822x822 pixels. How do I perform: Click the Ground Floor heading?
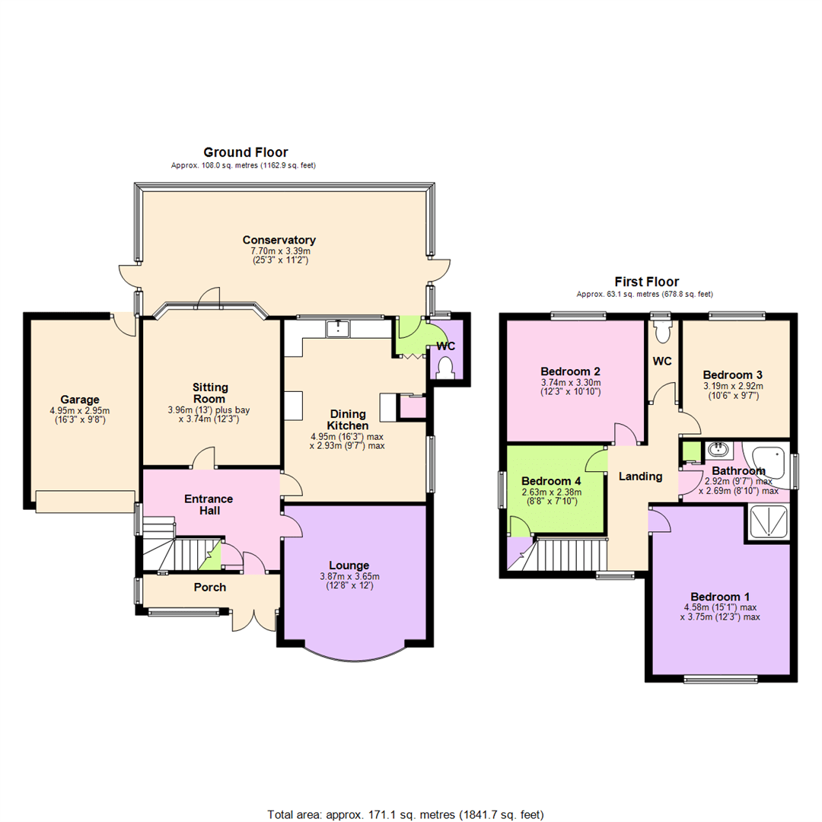pyautogui.click(x=244, y=153)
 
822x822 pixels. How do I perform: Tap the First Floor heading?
pyautogui.click(x=647, y=282)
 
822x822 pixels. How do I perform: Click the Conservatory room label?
pyautogui.click(x=281, y=240)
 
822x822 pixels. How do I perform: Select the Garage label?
pyautogui.click(x=81, y=400)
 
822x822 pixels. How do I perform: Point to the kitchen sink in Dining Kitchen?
pyautogui.click(x=336, y=328)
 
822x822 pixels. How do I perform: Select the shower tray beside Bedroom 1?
pyautogui.click(x=768, y=523)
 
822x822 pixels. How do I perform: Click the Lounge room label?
pyautogui.click(x=349, y=565)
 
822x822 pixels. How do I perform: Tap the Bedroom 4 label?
pyautogui.click(x=551, y=481)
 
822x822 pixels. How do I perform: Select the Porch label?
pyautogui.click(x=210, y=587)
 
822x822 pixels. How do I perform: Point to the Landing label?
pyautogui.click(x=640, y=476)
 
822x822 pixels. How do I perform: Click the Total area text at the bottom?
pyautogui.click(x=406, y=814)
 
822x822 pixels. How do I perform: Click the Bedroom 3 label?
pyautogui.click(x=732, y=374)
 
